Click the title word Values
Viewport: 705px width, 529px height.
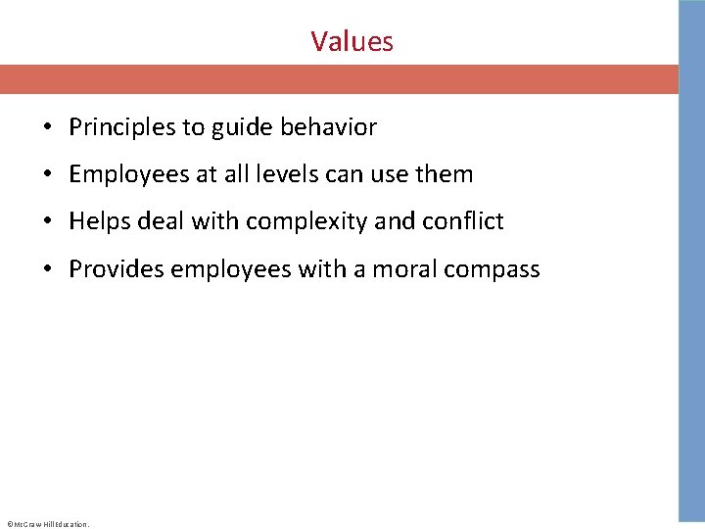click(352, 41)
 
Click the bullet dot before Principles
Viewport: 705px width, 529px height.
click(46, 127)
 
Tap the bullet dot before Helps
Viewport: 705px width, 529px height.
click(46, 221)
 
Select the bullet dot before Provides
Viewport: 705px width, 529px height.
click(46, 268)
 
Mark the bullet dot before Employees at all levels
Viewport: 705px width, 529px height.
click(46, 174)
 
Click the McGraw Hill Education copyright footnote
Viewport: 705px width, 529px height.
click(47, 524)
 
